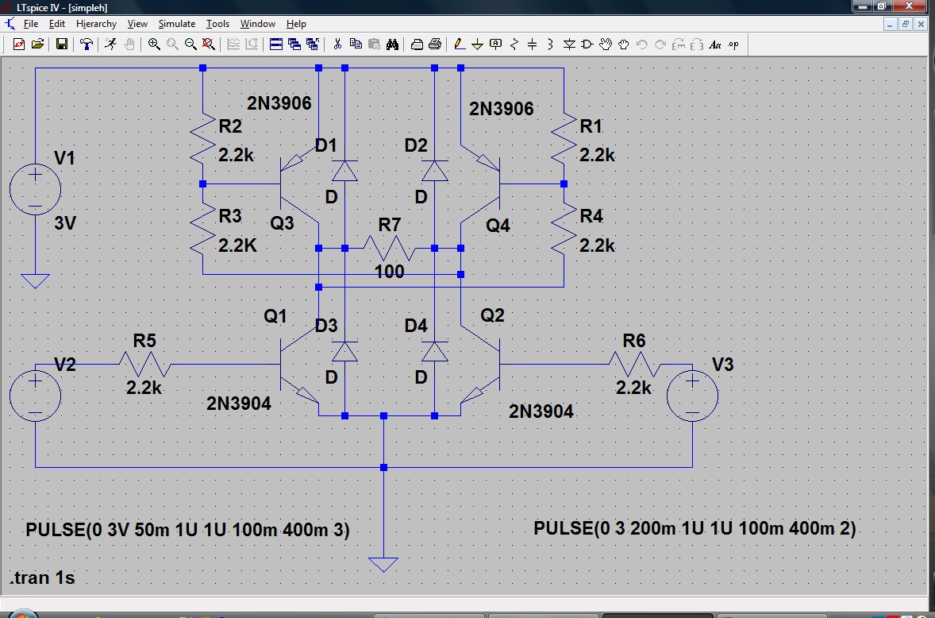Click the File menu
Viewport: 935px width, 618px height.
[x=30, y=24]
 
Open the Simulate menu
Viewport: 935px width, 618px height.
[x=176, y=24]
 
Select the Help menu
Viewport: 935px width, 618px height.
[x=296, y=24]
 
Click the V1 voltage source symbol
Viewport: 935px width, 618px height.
[x=35, y=189]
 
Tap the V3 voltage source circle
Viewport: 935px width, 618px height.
[x=692, y=396]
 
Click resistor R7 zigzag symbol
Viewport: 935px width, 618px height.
[x=390, y=248]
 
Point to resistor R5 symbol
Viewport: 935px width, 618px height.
[x=145, y=364]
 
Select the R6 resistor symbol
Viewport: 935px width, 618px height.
[x=634, y=364]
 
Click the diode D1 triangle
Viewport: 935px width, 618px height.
[x=344, y=171]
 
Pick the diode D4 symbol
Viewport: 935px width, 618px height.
[x=435, y=351]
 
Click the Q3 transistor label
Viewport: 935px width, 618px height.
[x=282, y=223]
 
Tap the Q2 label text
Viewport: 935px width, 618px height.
[x=493, y=315]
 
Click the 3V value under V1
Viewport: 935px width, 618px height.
[x=65, y=223]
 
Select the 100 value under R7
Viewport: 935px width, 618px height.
[x=390, y=272]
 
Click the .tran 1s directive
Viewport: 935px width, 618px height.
[x=42, y=577]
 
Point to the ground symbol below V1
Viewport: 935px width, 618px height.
[x=35, y=281]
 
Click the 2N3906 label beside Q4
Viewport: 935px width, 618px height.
[x=502, y=109]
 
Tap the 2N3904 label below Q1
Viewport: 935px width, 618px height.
[x=239, y=404]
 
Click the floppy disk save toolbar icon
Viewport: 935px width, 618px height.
[x=61, y=44]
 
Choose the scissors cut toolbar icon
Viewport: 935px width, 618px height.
[x=337, y=44]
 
